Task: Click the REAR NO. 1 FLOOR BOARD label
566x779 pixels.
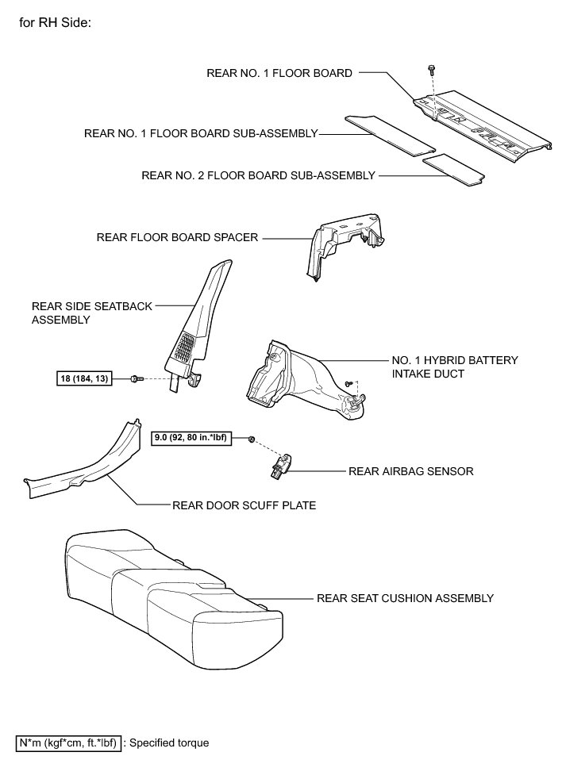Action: (x=279, y=73)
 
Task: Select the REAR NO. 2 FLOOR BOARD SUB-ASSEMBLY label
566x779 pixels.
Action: (x=258, y=175)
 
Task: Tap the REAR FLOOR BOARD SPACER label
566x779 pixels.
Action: (x=177, y=236)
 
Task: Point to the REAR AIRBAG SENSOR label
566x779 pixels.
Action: (x=411, y=470)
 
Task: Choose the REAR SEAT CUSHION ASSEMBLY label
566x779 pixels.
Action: (x=405, y=598)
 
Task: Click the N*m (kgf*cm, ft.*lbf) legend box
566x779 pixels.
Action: (x=67, y=743)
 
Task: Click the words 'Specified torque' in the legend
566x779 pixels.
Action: (x=168, y=743)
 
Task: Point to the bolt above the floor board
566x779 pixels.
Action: (x=429, y=69)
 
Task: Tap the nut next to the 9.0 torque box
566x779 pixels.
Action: (x=252, y=439)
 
